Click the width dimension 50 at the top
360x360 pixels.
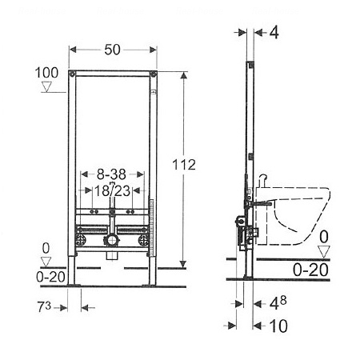[x=113, y=50]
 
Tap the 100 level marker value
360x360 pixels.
[x=47, y=74]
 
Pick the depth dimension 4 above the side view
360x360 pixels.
[x=273, y=34]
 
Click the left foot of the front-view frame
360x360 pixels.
[x=73, y=273]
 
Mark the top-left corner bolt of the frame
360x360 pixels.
[x=73, y=74]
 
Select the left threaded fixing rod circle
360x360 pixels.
[x=80, y=238]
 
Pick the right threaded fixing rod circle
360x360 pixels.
[x=145, y=238]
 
